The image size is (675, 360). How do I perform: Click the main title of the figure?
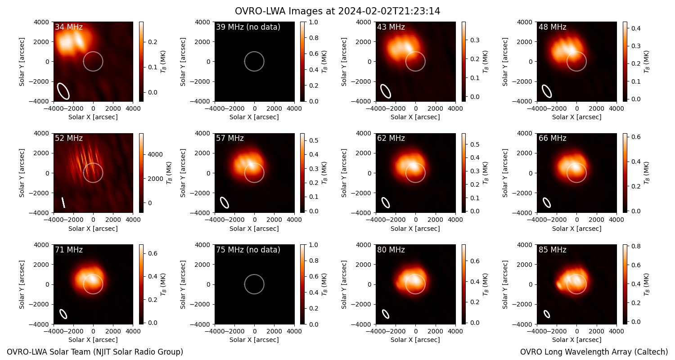(x=337, y=11)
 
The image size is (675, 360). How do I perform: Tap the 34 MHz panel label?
(x=69, y=27)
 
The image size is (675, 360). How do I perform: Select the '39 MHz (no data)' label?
(x=248, y=27)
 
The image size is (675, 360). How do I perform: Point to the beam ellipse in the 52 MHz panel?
(x=63, y=202)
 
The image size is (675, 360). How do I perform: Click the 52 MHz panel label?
(x=69, y=138)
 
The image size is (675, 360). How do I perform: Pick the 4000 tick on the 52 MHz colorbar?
(x=155, y=154)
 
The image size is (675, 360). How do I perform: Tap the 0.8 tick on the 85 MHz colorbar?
(x=636, y=246)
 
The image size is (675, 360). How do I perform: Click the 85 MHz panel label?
(x=552, y=250)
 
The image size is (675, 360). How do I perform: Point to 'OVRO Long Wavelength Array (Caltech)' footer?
(x=594, y=352)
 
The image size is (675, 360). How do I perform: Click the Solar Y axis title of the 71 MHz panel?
(x=22, y=284)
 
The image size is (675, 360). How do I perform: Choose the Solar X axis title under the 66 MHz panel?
(x=576, y=228)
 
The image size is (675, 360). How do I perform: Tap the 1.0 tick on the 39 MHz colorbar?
(x=313, y=22)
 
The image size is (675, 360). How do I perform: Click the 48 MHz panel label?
(x=552, y=27)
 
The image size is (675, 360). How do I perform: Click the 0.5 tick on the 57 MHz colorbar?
(x=313, y=140)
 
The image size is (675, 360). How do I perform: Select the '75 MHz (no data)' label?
(x=248, y=250)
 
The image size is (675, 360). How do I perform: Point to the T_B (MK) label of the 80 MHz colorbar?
(x=485, y=284)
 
